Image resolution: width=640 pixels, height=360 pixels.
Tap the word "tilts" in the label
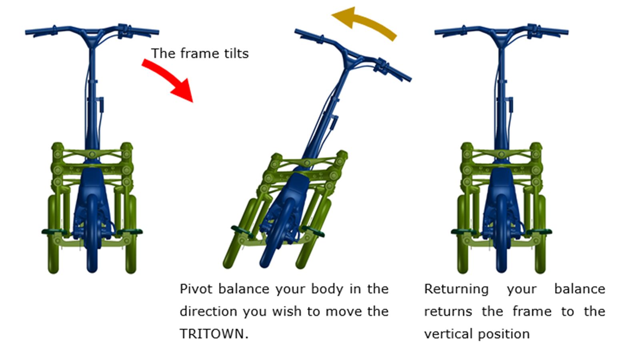click(236, 54)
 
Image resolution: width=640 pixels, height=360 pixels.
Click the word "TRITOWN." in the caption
click(214, 334)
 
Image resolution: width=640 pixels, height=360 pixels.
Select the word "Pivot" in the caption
click(196, 289)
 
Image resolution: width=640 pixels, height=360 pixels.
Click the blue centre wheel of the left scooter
click(92, 234)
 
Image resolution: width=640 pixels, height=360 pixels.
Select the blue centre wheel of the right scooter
click(502, 234)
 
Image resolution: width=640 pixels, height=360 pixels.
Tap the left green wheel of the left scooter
click(54, 234)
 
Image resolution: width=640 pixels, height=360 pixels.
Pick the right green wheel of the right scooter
click(540, 234)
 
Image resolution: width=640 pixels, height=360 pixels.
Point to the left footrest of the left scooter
click(54, 232)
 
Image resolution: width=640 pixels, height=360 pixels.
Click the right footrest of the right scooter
click(539, 232)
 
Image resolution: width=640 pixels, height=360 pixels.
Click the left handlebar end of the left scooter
click(28, 32)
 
